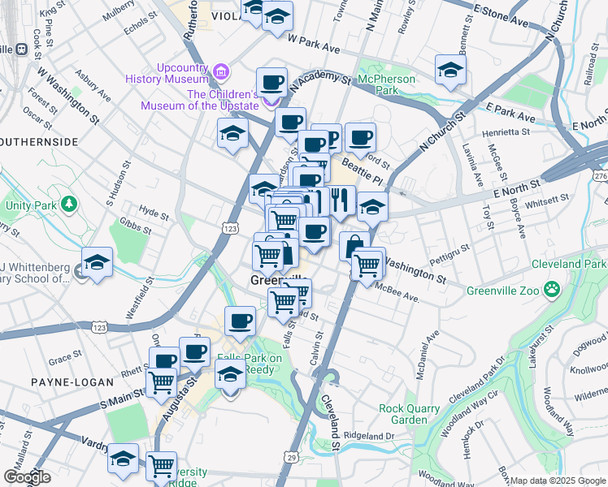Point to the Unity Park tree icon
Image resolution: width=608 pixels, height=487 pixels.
click(69, 203)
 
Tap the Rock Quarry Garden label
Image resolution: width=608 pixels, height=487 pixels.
click(403, 414)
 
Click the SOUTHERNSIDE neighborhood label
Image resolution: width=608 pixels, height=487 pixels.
click(39, 141)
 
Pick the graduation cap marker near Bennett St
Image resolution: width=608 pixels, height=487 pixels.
click(449, 71)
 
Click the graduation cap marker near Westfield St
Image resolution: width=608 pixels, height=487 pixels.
click(97, 263)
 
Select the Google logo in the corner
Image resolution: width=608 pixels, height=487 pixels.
click(27, 477)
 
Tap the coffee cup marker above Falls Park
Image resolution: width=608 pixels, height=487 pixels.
click(240, 322)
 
